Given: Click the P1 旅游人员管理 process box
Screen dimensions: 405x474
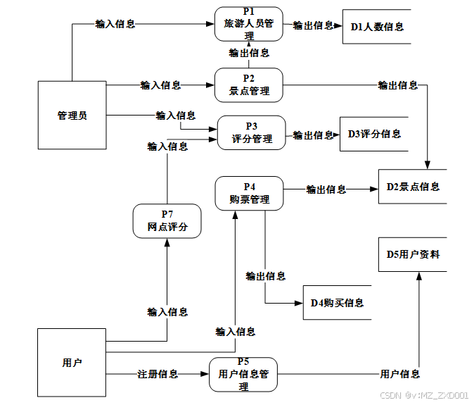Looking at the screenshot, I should coord(248,24).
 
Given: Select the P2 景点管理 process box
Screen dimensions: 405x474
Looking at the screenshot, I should coord(248,85).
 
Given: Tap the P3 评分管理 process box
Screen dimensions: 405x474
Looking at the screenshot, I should coord(252,133).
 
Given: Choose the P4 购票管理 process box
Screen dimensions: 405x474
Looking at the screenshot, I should coord(249,193).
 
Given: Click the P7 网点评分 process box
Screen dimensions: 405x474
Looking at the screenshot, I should coord(167,221).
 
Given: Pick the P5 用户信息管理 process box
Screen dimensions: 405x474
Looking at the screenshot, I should coord(243,374).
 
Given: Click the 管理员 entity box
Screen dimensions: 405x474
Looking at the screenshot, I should coord(72,116).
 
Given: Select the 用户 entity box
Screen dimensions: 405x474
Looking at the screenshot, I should coord(72,363).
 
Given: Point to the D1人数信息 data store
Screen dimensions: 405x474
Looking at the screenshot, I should coord(376,27).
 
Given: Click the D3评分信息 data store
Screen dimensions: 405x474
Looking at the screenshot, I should coord(374,134).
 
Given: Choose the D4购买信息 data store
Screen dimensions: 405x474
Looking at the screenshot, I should coord(337,303).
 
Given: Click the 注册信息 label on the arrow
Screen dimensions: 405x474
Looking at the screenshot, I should coord(158,374).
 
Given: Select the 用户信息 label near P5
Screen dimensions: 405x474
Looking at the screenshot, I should coord(399,374).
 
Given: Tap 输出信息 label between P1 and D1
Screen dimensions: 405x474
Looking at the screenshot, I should coord(313,25).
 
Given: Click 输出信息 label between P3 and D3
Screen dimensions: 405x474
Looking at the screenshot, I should coord(313,135).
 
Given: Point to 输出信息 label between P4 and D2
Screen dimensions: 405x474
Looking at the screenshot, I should coord(326,189).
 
